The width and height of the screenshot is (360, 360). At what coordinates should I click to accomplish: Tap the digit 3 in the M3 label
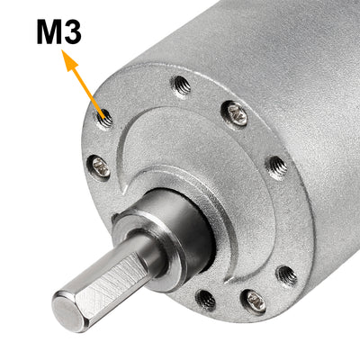[72, 32]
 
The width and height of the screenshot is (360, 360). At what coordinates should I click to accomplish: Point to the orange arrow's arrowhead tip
[65, 54]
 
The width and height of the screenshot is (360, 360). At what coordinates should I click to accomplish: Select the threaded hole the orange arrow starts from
[106, 117]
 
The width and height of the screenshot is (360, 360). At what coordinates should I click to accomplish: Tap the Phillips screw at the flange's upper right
[237, 113]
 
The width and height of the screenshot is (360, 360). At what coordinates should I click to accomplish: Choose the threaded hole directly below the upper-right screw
[276, 166]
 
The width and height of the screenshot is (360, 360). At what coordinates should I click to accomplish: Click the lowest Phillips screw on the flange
[255, 301]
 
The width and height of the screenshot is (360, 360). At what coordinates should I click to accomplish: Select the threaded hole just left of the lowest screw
[206, 296]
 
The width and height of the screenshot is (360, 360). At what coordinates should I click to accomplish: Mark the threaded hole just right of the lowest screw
[286, 274]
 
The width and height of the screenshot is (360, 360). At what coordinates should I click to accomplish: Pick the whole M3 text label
[59, 32]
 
